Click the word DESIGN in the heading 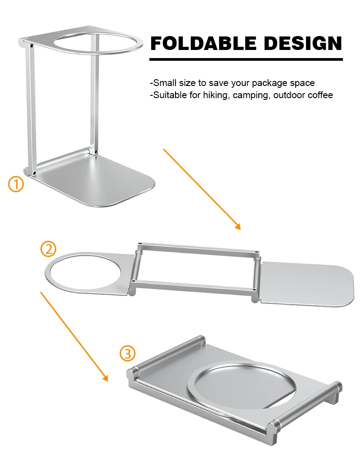click(x=303, y=43)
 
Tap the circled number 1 click(x=16, y=184)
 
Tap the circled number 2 click(x=49, y=249)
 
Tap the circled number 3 click(x=127, y=353)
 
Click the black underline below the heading click(x=246, y=59)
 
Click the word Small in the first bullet click(x=163, y=83)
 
